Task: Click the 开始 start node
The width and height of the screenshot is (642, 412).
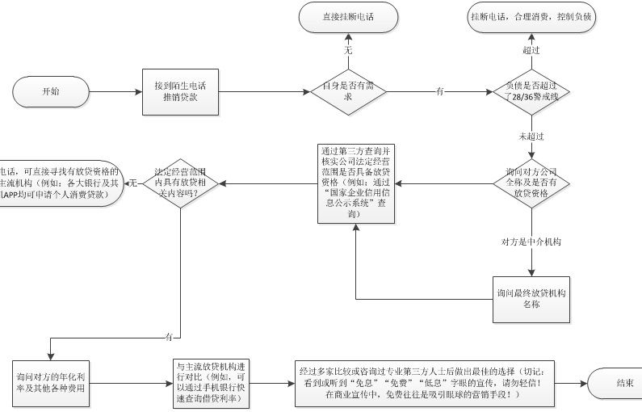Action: tap(50, 91)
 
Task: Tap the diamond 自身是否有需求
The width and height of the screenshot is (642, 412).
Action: tap(349, 91)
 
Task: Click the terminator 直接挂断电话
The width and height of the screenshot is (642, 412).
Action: tap(349, 17)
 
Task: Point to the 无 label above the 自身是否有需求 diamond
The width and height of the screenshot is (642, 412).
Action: tap(349, 50)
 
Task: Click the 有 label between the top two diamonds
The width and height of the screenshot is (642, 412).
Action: tap(439, 91)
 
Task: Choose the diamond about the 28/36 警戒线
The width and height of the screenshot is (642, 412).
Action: tap(531, 91)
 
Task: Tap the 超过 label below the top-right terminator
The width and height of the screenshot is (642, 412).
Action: tap(531, 50)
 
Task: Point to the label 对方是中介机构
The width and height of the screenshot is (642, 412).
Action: tap(531, 241)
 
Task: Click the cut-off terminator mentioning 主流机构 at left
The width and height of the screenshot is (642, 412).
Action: tap(61, 183)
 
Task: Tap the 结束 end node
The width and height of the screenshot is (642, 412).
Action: tap(624, 382)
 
